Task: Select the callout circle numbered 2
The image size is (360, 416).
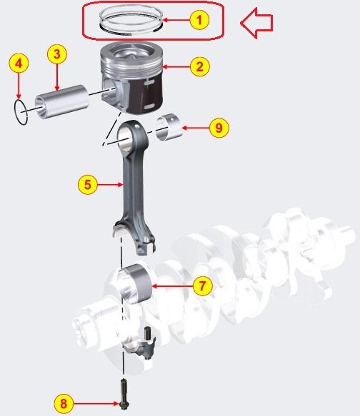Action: pyautogui.click(x=199, y=67)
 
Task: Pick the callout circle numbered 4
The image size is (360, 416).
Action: pyautogui.click(x=20, y=64)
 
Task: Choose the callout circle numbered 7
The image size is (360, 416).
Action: pyautogui.click(x=202, y=286)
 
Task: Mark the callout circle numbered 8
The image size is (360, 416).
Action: pyautogui.click(x=63, y=403)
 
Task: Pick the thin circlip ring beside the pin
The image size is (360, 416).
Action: pyautogui.click(x=21, y=112)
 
